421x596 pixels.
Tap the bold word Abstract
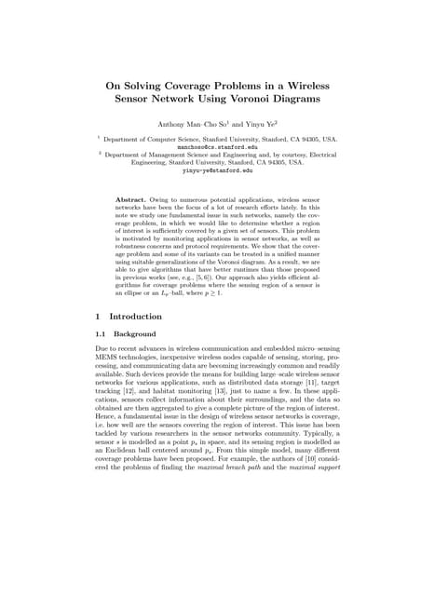click(134, 200)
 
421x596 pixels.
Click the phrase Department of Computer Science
click(156, 138)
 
